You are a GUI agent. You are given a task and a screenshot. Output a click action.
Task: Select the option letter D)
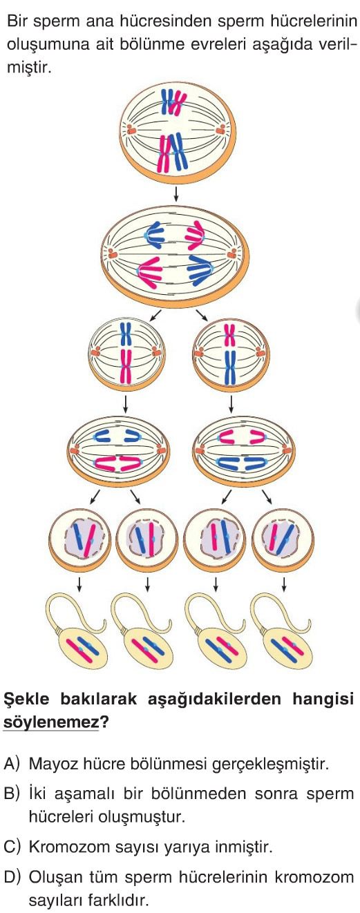point(12,876)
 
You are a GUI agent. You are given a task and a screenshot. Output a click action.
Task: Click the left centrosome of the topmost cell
point(131,130)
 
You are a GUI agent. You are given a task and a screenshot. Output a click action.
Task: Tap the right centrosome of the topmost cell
point(220,130)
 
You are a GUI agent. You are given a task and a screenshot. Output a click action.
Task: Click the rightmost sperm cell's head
point(288,649)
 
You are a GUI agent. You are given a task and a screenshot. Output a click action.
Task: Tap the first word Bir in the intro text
point(17,21)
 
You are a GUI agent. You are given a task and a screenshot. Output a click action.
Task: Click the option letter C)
point(12,847)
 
